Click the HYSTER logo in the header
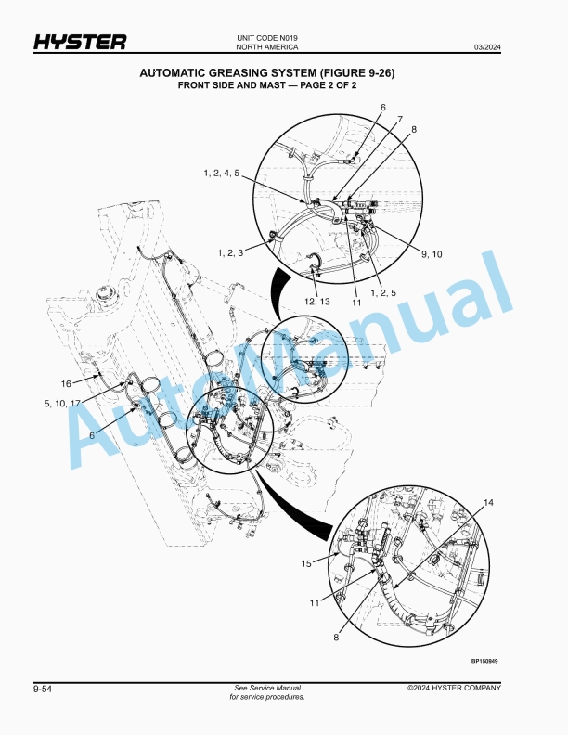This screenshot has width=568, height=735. tap(80, 42)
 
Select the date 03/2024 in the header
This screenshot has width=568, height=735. tap(487, 47)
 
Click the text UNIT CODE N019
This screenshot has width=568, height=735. tap(267, 38)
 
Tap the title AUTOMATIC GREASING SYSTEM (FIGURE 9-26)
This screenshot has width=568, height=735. tap(267, 72)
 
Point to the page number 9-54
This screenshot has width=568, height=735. tap(43, 689)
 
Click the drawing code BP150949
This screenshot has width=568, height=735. tap(484, 661)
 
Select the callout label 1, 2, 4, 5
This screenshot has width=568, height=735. tap(221, 173)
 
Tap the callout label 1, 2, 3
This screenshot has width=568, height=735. tap(230, 252)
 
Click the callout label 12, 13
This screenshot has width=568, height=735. tap(317, 301)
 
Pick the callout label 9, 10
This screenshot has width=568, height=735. tap(432, 254)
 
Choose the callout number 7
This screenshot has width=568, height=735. tap(400, 119)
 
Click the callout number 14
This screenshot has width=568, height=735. tap(488, 502)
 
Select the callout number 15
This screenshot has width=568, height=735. tap(306, 563)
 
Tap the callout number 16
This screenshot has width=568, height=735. tap(66, 383)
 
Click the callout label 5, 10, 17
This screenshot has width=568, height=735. tap(62, 403)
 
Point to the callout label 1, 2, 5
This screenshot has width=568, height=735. tap(383, 292)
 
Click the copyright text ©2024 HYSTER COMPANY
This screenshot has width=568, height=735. tap(454, 688)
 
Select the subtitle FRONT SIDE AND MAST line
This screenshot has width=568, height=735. tap(267, 85)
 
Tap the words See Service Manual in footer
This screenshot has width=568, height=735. tap(267, 688)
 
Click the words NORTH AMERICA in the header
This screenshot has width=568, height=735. tap(267, 47)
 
